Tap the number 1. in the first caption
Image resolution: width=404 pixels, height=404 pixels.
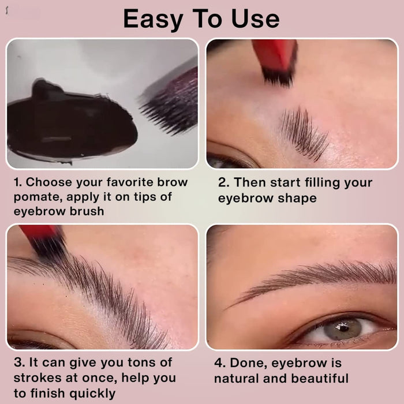tap(18, 182)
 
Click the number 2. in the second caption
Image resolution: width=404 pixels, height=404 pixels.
tap(224, 183)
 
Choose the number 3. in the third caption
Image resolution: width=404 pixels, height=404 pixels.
tap(18, 363)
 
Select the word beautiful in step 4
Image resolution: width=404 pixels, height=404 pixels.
tap(320, 379)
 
